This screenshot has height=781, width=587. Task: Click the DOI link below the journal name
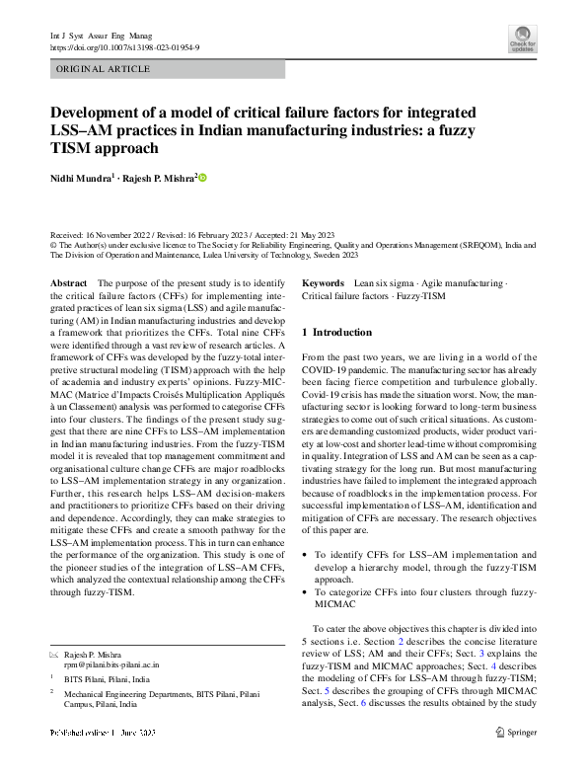124,46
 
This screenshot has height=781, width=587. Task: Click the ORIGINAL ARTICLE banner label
104,69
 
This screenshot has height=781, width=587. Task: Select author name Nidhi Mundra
83,179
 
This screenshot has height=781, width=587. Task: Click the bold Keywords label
323,283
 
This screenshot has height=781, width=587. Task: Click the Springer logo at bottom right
516,733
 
